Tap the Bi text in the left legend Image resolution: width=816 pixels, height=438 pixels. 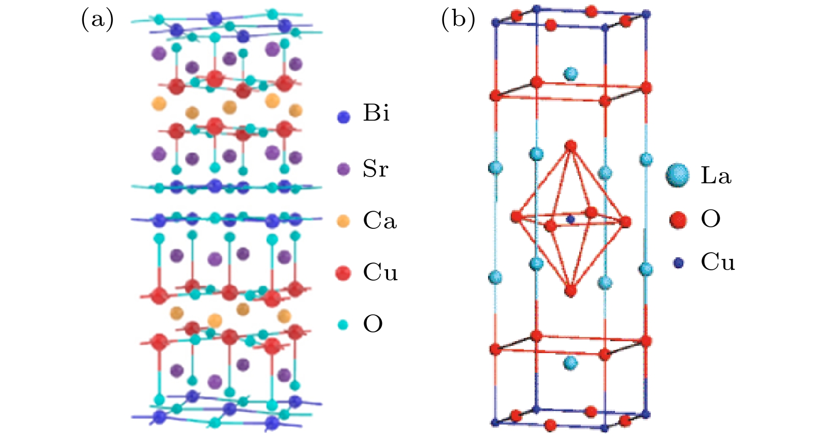pos(376,113)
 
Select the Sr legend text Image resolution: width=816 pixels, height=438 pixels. pos(375,169)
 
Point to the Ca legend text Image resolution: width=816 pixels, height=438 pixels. pos(380,221)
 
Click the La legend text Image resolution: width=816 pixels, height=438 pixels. pos(716,176)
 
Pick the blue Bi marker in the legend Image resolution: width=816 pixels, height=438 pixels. pos(343,117)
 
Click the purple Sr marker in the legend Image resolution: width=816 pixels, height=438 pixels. pos(343,169)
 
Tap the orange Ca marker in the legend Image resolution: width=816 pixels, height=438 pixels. pos(343,221)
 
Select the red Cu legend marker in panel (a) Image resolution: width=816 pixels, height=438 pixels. pos(343,273)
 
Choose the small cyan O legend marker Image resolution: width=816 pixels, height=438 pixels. pos(343,325)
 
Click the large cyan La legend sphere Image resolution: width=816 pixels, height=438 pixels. pos(678,176)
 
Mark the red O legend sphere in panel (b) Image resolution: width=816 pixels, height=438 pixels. pos(678,220)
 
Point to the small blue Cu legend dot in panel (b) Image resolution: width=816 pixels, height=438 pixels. pos(678,263)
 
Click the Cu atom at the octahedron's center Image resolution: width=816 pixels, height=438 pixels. pos(570,220)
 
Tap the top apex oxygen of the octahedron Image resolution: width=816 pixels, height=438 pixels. pos(570,146)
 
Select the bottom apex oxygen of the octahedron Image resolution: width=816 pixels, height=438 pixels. pos(570,290)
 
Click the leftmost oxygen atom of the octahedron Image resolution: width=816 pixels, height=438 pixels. pos(516,216)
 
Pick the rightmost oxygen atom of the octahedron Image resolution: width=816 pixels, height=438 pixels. pos(626,222)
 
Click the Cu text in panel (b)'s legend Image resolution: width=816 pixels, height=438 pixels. pos(718,262)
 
